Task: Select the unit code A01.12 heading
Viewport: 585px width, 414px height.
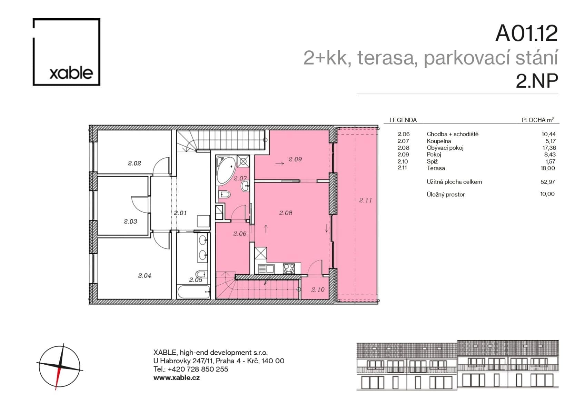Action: click(526, 33)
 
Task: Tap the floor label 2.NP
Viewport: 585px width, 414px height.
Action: click(537, 81)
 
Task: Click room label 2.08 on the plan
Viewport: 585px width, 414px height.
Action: click(286, 213)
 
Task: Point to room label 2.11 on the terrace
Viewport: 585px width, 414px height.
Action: click(365, 200)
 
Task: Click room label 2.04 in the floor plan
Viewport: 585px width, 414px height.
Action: click(145, 275)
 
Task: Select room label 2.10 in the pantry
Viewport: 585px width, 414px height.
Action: click(318, 289)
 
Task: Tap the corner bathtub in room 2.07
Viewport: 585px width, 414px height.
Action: click(225, 170)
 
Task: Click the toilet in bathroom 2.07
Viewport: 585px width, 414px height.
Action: click(224, 195)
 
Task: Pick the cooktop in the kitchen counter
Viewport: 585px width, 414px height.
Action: click(289, 268)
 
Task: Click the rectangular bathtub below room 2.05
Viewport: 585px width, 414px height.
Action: click(194, 292)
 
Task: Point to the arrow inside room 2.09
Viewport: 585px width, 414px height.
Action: click(279, 163)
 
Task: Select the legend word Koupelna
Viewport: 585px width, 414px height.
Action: click(439, 141)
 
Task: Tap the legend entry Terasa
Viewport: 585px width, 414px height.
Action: click(436, 168)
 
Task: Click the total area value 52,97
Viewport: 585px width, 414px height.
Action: click(547, 181)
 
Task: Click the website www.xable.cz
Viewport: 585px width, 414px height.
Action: click(176, 377)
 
